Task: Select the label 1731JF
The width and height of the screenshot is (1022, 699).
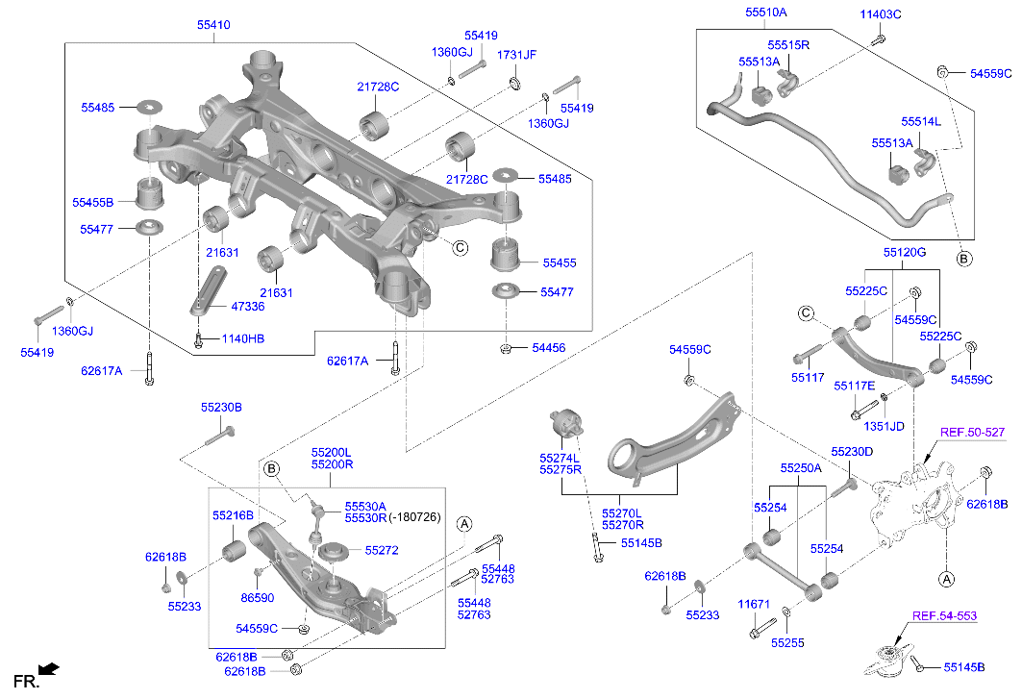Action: [516, 56]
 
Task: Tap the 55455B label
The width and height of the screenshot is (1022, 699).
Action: [92, 203]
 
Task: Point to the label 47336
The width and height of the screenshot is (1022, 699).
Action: [249, 306]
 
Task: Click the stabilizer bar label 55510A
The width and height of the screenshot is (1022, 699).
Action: [765, 12]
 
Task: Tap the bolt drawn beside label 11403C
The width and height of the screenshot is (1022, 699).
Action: [879, 39]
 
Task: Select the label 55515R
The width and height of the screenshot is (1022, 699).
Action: [788, 45]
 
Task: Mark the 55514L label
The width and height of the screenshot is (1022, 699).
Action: [921, 122]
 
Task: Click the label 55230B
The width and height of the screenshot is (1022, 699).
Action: [221, 408]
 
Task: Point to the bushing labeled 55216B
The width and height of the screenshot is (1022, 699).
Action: [234, 553]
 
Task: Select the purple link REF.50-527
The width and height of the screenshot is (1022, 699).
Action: [972, 433]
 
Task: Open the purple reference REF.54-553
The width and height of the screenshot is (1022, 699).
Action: [944, 615]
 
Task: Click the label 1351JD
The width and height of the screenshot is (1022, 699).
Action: [884, 426]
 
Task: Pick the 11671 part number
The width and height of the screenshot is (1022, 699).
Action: [754, 604]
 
